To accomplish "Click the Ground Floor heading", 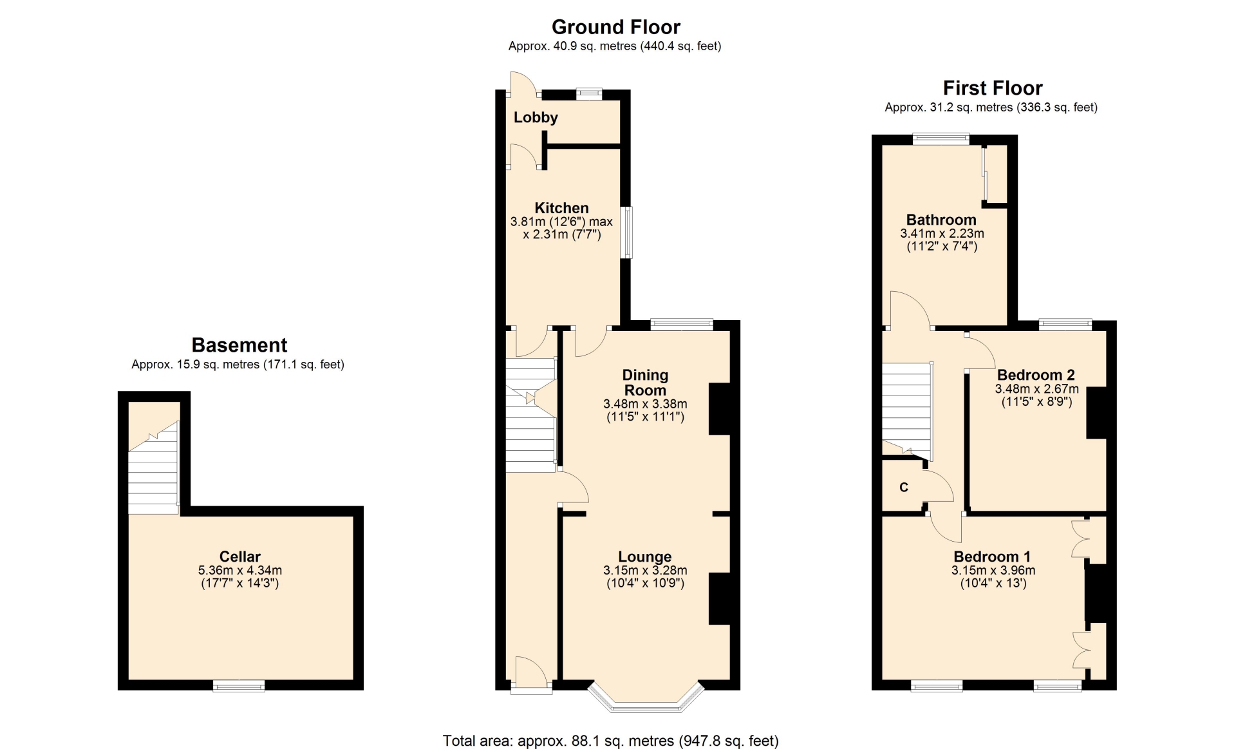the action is tap(615, 27).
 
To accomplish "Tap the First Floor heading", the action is tap(992, 88).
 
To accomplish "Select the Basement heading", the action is tap(239, 345).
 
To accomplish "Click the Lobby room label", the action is tap(536, 117).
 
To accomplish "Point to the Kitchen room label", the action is tap(561, 208).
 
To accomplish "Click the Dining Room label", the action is tap(645, 383).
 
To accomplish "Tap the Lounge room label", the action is tap(645, 556).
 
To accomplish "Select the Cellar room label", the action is tap(239, 556).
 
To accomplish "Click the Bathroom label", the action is tap(941, 220).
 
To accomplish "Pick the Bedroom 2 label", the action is tap(1036, 375).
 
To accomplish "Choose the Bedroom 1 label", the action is tap(992, 556).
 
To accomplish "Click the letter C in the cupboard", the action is tap(904, 488).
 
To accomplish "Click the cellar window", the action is tap(239, 686).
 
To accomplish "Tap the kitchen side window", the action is tap(626, 233).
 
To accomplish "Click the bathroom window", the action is tap(941, 138).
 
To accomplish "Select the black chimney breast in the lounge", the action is tap(720, 598).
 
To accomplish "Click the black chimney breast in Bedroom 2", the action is tap(1097, 413).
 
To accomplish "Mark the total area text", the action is tap(610, 741).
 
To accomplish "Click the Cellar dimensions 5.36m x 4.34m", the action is tap(239, 570).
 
